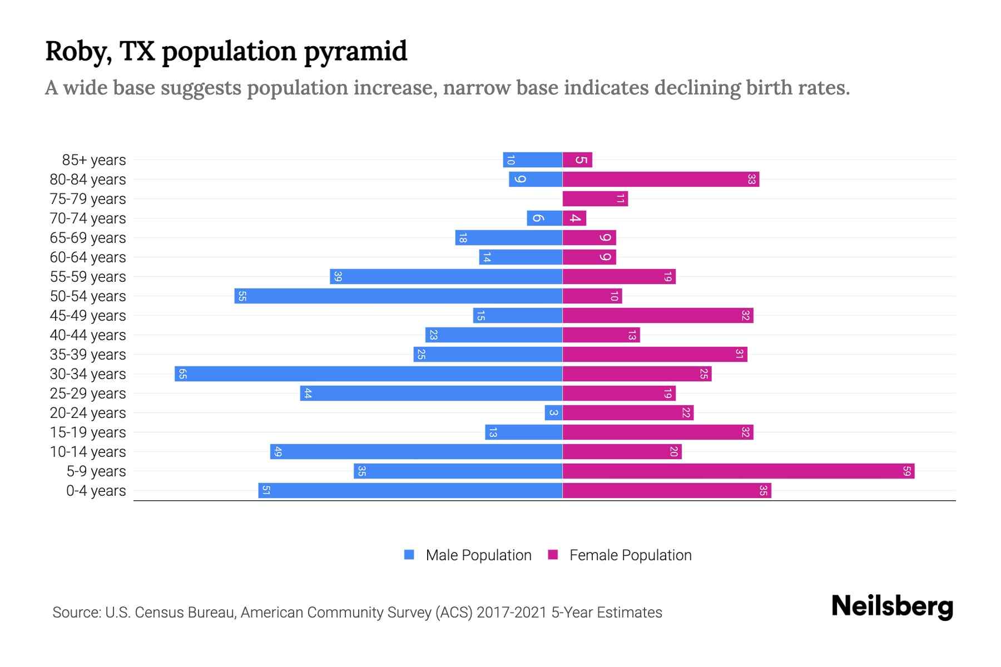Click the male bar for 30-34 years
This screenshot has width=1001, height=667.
tap(368, 374)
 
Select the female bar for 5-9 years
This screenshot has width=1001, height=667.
tap(738, 471)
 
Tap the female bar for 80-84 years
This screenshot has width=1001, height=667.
tap(661, 180)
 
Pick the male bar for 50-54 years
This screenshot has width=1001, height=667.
tap(398, 296)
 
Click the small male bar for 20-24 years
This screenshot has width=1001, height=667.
tap(553, 413)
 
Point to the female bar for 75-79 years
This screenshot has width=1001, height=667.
tap(595, 199)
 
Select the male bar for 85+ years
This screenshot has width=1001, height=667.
tap(532, 160)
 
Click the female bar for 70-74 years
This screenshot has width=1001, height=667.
tap(574, 218)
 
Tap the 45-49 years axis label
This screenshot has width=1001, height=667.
tap(88, 316)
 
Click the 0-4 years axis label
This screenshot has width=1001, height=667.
tap(96, 491)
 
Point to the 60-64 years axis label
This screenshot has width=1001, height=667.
tap(88, 257)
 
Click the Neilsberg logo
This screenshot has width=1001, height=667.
tap(892, 606)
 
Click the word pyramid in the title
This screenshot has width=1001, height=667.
tap(355, 52)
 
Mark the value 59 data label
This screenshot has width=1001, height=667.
tap(906, 471)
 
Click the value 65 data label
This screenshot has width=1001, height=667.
tap(182, 374)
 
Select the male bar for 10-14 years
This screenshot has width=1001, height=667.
tap(416, 452)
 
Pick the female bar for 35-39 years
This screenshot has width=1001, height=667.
tap(655, 355)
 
